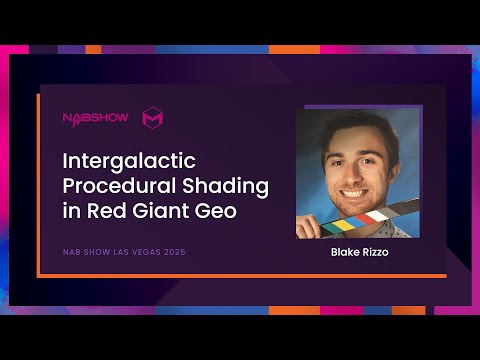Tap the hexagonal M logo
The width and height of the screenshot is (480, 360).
pyautogui.click(x=153, y=117)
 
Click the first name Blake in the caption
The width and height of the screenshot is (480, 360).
pyautogui.click(x=346, y=252)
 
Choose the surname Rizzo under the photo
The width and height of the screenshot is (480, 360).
pyautogui.click(x=375, y=252)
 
